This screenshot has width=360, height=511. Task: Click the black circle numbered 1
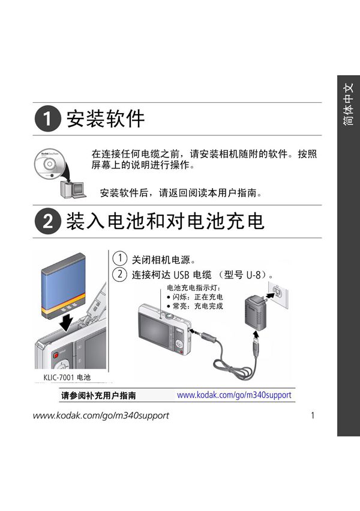pos(47,118)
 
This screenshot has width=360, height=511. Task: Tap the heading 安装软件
pos(105,118)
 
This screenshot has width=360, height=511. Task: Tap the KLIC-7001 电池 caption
pos(67,378)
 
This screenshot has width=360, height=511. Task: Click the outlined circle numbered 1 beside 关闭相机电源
pos(121,259)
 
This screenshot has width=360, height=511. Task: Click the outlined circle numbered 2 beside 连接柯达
pos(121,275)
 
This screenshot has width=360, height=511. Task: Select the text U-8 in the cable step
pos(256,275)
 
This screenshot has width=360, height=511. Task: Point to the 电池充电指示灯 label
pos(194,288)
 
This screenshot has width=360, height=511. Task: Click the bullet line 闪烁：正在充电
pos(194,297)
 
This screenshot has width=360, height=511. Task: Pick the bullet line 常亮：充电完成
pos(194,306)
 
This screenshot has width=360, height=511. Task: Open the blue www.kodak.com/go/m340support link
pos(234,396)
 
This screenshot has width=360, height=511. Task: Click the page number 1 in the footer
pos(313,415)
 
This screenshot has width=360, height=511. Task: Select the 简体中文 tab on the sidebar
pos(349,105)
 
